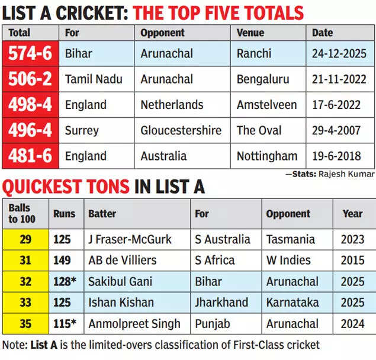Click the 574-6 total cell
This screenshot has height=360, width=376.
[30, 54]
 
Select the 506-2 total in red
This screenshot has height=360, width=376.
[30, 79]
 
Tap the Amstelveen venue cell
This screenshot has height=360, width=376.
[266, 105]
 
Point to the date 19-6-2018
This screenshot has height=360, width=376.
[339, 156]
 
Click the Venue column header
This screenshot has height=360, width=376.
[251, 33]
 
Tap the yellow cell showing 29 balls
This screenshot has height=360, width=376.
[25, 239]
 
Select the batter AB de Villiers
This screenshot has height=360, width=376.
[122, 260]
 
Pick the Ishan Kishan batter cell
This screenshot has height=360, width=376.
[122, 303]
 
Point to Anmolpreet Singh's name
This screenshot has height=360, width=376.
[134, 324]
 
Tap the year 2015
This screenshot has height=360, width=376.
[352, 260]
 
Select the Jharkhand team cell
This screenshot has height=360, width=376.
[221, 303]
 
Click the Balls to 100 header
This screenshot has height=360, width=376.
[23, 213]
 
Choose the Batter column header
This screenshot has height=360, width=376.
[102, 213]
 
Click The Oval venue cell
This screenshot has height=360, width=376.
[259, 131]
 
